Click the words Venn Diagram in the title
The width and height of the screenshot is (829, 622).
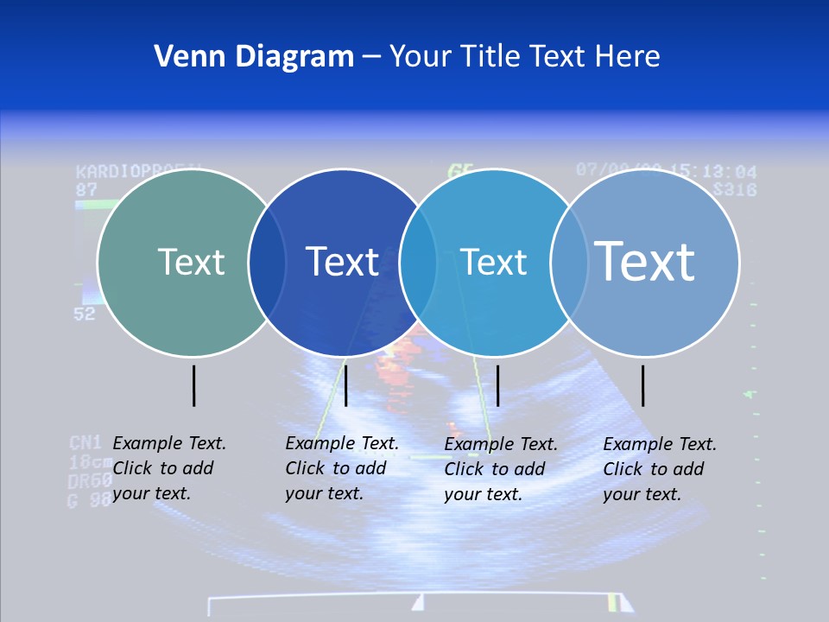(254, 57)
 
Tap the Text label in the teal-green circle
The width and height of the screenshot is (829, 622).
(191, 262)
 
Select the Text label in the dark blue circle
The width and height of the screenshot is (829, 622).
(343, 262)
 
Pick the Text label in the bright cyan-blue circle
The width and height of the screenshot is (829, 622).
(493, 262)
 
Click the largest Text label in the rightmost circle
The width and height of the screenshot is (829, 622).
(645, 261)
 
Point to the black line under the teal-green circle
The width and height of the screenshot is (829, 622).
(193, 385)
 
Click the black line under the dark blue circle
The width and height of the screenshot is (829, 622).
(345, 385)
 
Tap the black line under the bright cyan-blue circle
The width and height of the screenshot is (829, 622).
(497, 385)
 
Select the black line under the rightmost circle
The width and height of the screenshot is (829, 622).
(642, 385)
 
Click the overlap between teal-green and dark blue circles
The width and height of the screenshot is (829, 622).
(267, 263)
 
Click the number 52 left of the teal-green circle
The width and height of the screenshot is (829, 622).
(84, 314)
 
